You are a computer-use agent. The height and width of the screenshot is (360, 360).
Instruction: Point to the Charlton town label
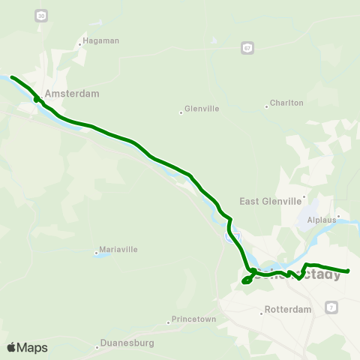[287, 103]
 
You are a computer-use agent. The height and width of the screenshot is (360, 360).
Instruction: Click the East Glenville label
[269, 201]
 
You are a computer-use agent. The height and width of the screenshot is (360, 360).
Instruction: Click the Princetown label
[194, 319]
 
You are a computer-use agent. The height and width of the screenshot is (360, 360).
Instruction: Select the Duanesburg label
[127, 343]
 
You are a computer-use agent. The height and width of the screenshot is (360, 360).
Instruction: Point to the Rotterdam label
[289, 310]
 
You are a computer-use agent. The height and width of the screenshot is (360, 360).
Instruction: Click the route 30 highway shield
[40, 15]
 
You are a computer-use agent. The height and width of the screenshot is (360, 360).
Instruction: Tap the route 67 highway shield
[247, 48]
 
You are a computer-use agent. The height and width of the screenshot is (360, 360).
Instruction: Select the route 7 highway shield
[332, 307]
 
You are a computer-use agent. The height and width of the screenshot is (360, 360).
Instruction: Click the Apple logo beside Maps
[11, 347]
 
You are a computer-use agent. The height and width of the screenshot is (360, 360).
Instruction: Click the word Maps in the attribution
[32, 348]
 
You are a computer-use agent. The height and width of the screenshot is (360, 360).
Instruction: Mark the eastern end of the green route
[348, 271]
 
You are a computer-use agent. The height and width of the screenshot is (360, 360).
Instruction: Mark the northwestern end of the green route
[11, 76]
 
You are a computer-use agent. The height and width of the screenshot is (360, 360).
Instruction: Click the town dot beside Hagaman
[80, 44]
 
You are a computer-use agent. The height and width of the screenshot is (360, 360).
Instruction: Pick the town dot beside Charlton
[266, 106]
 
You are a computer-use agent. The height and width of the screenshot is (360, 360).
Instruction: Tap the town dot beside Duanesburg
[97, 347]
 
